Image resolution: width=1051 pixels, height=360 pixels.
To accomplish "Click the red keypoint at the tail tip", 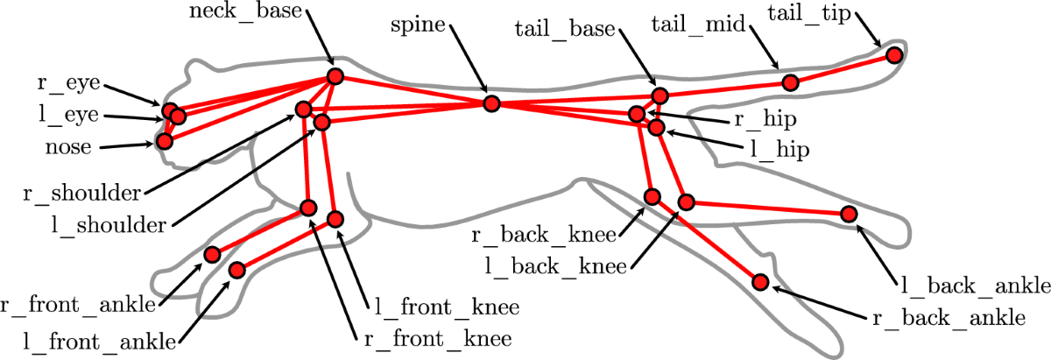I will tap(893, 55).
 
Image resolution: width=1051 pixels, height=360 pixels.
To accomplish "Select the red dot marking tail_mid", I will tap(789, 82).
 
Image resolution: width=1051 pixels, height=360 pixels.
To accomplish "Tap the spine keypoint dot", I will tap(491, 103).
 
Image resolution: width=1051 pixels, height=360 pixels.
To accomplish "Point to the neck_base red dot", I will tap(334, 76).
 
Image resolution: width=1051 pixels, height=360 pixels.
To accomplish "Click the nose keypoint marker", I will tap(164, 140).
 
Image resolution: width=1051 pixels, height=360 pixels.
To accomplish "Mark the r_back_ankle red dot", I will tap(760, 282).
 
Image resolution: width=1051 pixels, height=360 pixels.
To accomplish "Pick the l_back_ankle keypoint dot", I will tap(848, 214).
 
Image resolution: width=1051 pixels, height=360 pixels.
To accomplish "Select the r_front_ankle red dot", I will tap(212, 255).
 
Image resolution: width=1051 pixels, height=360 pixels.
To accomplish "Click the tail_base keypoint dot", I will tap(660, 95).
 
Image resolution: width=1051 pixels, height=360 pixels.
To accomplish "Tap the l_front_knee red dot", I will tap(335, 218).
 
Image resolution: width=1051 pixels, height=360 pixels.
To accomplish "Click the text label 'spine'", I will tap(420, 25).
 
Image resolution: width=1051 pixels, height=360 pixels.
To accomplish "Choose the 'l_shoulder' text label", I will tap(109, 225).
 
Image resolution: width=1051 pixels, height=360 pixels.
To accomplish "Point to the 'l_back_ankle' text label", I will tap(973, 286).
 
